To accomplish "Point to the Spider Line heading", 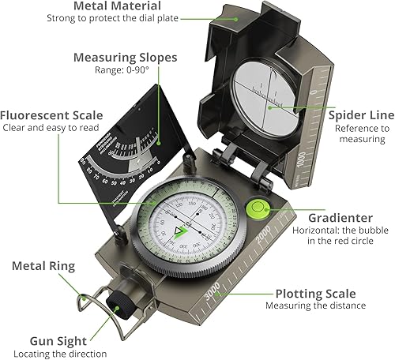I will tap(356, 114).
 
